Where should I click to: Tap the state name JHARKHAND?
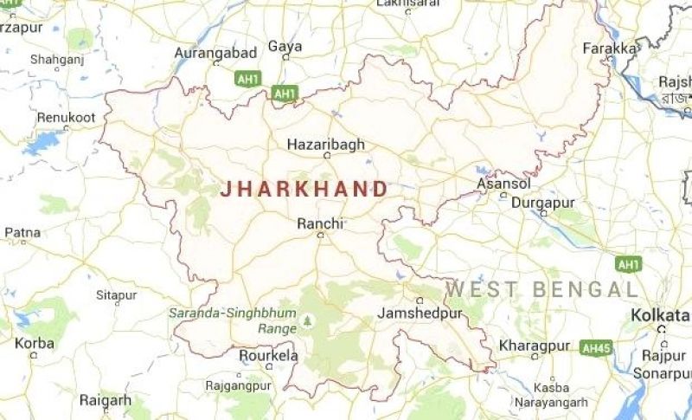[x=304, y=190]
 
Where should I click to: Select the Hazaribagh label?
[x=325, y=145]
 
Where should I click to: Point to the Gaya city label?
[x=285, y=46]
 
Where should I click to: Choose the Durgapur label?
[x=544, y=202]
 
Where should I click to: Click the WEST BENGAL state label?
[x=542, y=289]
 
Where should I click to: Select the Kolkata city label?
[x=660, y=314]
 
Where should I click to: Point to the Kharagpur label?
[x=534, y=346]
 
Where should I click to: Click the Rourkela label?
[x=268, y=356]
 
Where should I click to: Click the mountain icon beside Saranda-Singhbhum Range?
[x=305, y=321]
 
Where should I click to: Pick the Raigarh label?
[x=105, y=400]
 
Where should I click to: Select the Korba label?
[x=34, y=344]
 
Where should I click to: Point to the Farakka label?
[x=609, y=48]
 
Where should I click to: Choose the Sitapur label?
[x=116, y=295]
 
